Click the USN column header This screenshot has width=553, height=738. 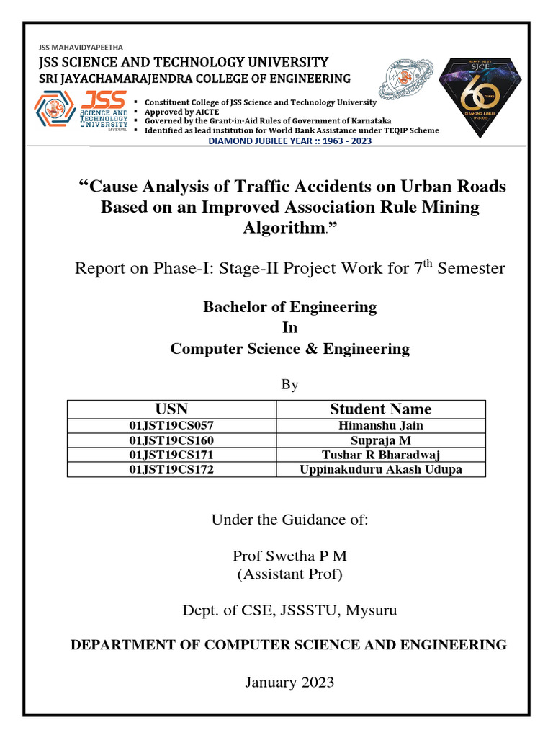click(x=171, y=409)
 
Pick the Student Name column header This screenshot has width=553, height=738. click(x=380, y=409)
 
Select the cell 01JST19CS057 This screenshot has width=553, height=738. click(x=171, y=426)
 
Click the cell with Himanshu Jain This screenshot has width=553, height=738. click(x=380, y=426)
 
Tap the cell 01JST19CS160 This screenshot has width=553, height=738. click(x=171, y=440)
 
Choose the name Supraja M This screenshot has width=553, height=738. click(x=380, y=440)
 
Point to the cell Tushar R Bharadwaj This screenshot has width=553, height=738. click(x=380, y=455)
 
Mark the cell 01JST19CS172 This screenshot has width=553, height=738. click(x=171, y=469)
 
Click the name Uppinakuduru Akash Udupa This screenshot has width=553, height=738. click(x=380, y=469)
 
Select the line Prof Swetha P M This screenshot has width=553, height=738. click(x=290, y=556)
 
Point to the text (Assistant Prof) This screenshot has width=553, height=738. click(x=290, y=574)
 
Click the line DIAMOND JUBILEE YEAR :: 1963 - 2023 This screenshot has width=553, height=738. click(x=290, y=141)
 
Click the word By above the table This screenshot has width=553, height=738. click(x=289, y=385)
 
